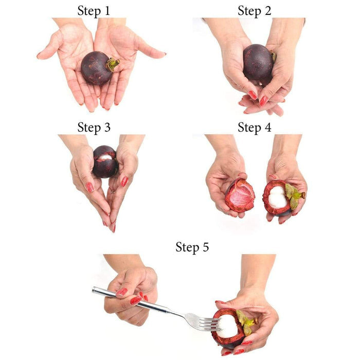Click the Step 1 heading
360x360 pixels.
click(94, 11)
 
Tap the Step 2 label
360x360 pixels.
click(255, 11)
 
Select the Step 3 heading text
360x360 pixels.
click(94, 128)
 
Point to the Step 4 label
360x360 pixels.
click(255, 128)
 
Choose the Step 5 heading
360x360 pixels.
click(192, 247)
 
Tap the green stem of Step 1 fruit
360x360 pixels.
click(113, 64)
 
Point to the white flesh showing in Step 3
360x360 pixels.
click(105, 157)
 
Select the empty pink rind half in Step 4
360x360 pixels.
click(240, 195)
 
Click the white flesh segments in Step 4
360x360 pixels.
click(278, 197)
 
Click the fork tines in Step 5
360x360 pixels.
click(209, 324)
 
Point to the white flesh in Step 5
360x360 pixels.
click(227, 326)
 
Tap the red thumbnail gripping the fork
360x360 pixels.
click(121, 292)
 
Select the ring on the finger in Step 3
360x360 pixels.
click(113, 191)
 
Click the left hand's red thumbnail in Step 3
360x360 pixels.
click(89, 187)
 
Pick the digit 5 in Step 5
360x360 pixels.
click(205, 247)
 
